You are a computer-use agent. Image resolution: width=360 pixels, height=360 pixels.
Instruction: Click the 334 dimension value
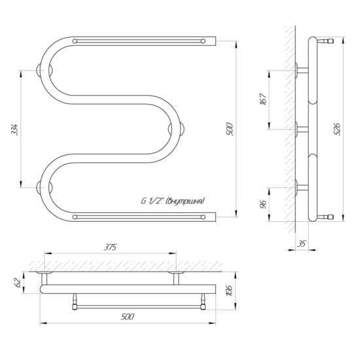coord(15,130)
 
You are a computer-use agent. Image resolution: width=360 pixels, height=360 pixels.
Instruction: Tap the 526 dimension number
coord(338,129)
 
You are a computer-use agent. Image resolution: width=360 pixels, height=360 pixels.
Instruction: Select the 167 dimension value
coord(264,99)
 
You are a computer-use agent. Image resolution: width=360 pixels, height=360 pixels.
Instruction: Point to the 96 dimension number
coord(264,204)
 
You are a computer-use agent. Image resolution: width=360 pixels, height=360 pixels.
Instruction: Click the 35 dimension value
coord(302,243)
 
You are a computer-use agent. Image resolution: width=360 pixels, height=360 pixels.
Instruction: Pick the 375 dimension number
coord(110,247)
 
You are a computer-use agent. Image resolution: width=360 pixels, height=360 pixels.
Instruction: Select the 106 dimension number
coord(230,291)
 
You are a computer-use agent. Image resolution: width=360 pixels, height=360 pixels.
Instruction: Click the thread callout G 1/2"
coord(153,201)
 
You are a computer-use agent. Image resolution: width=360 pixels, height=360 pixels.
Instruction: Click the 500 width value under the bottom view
coord(127,317)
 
